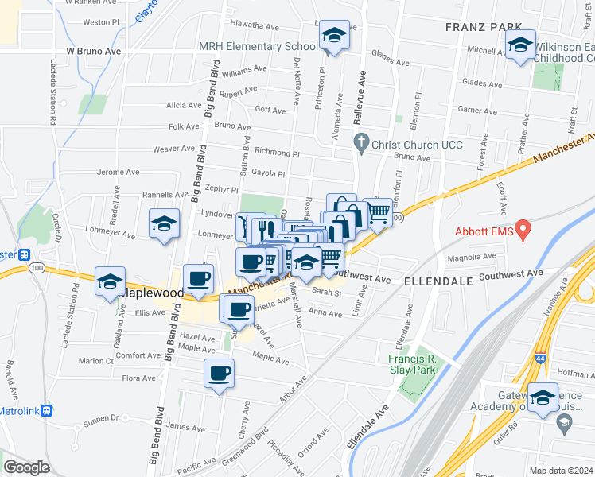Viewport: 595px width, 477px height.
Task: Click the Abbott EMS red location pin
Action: (x=523, y=231)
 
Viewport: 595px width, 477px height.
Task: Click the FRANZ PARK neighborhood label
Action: (x=483, y=26)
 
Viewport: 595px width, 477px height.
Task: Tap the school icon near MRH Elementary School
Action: (x=335, y=37)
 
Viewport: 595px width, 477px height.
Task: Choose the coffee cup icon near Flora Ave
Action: (x=219, y=373)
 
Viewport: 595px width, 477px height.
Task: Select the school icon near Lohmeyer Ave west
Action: (x=164, y=223)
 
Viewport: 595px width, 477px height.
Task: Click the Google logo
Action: (x=26, y=467)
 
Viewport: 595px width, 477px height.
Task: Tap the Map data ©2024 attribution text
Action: (x=562, y=471)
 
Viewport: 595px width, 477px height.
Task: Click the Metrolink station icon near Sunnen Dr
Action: (x=48, y=411)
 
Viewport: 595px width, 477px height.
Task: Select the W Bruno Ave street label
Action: (x=93, y=51)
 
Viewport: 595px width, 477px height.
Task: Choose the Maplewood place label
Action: (x=153, y=293)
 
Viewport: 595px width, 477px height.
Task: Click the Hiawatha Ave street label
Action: (x=256, y=25)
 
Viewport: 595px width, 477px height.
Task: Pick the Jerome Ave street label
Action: (x=118, y=172)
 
